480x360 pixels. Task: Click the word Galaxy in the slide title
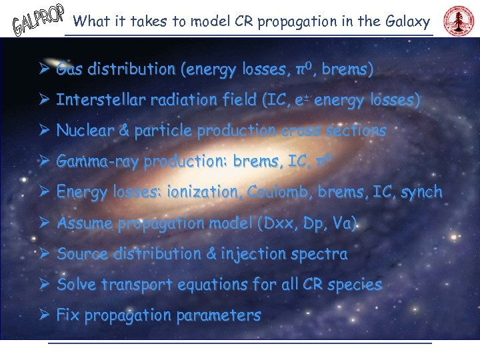click(408, 21)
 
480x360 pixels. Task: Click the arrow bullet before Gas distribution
click(43, 69)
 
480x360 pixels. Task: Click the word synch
click(421, 192)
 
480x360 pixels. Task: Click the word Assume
click(85, 223)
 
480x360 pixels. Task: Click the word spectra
click(323, 254)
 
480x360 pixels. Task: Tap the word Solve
click(77, 285)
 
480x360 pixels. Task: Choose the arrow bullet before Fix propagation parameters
click(43, 315)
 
